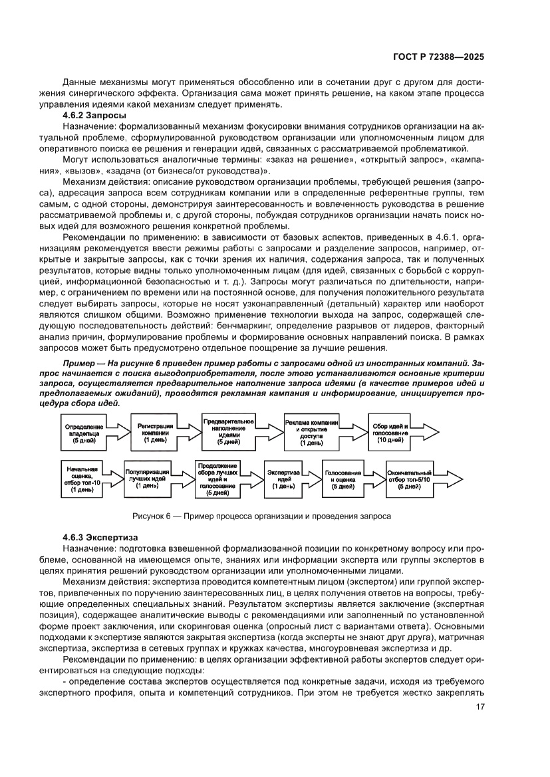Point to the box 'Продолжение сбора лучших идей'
(217, 479)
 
